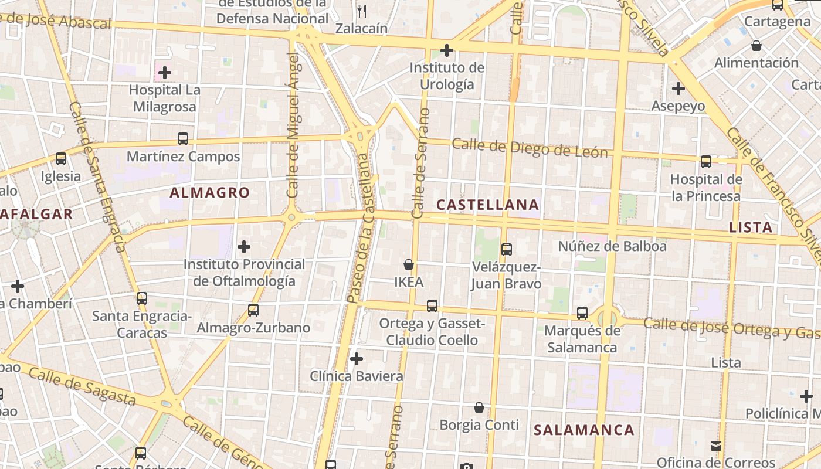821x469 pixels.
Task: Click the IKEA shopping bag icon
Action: (409, 264)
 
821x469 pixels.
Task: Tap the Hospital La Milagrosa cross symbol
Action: (165, 73)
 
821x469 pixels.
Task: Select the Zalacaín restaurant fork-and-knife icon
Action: (362, 10)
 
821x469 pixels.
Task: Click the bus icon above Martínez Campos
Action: (183, 139)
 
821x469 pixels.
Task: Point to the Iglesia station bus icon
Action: (61, 159)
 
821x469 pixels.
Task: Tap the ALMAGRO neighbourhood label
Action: (210, 192)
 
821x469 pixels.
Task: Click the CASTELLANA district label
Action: (488, 205)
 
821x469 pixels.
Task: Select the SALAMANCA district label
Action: (583, 430)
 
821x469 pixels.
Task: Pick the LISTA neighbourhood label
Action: (751, 227)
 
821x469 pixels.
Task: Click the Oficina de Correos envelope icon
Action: (716, 446)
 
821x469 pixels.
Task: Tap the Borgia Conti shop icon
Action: (479, 407)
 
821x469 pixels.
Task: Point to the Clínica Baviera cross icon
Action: (356, 359)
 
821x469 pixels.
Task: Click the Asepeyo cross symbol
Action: (678, 89)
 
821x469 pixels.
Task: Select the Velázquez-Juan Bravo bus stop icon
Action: (507, 249)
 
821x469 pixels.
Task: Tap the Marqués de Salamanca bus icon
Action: (582, 313)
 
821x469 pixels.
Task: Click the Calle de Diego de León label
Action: (530, 148)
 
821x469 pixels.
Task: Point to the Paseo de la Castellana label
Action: (360, 229)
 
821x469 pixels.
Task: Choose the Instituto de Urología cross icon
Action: (447, 50)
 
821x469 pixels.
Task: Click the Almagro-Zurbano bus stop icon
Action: (253, 310)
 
